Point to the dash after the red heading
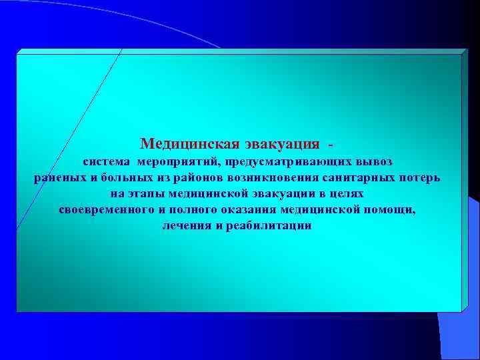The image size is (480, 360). coord(331,144)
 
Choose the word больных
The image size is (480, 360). coord(119,178)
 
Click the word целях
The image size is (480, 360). coord(347,194)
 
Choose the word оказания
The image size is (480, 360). coord(251,210)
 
